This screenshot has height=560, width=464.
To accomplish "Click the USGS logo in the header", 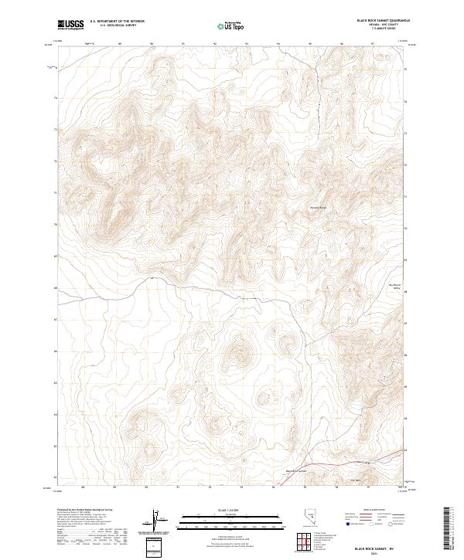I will (70, 25).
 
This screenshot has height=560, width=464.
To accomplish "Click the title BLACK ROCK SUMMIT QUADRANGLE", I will (378, 20).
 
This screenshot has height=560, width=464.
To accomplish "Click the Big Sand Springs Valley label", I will (395, 287).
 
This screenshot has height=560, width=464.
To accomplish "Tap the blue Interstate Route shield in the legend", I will (346, 524).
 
